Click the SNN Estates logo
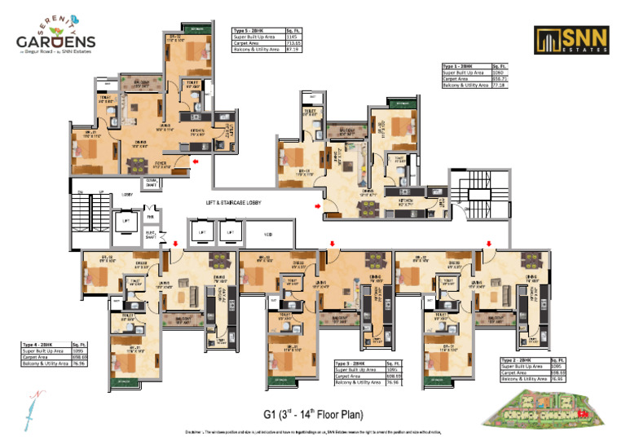click(563, 39)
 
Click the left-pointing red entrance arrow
click(196, 162)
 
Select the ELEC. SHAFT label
click(151, 234)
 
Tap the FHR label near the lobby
click(150, 218)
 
